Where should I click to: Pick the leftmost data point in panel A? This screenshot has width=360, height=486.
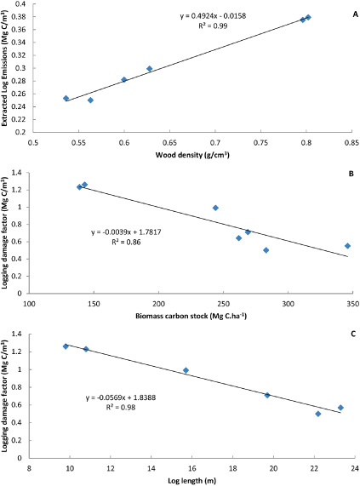(66, 98)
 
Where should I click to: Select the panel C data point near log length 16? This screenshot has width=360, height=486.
(186, 370)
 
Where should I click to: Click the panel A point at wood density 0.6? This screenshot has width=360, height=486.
(124, 79)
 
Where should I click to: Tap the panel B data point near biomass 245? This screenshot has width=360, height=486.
(215, 208)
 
